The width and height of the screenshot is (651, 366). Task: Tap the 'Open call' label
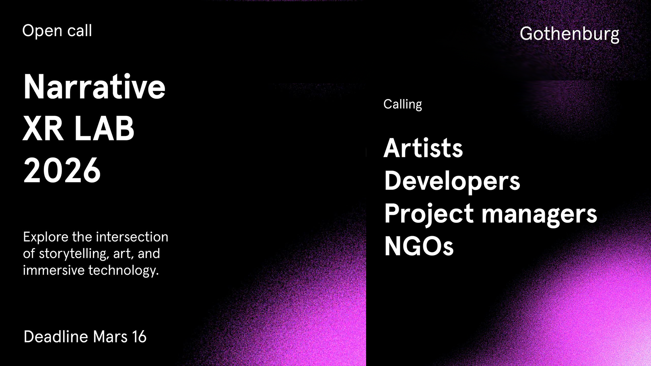[57, 31]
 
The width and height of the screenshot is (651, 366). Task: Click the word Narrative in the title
[95, 86]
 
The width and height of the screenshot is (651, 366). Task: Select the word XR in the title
[43, 129]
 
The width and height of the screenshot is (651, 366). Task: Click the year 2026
[62, 170]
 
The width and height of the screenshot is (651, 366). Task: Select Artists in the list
[423, 148]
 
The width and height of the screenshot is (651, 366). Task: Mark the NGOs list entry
[419, 246]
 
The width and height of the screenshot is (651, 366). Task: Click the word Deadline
[56, 337]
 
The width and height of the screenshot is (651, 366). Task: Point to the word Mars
[110, 337]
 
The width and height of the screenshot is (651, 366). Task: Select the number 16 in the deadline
[139, 337]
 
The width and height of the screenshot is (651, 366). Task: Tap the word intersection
[132, 237]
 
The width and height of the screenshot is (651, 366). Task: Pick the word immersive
[54, 270]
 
